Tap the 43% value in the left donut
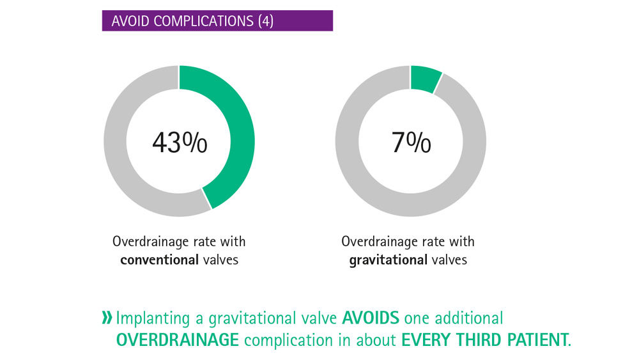point(180,143)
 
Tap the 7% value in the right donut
point(411,143)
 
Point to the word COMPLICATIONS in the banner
point(204,21)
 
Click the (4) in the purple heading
point(265,21)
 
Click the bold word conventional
point(159,260)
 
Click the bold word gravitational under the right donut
point(388,260)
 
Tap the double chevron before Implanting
point(107,318)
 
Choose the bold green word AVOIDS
point(371,318)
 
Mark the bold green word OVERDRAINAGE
point(177,340)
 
